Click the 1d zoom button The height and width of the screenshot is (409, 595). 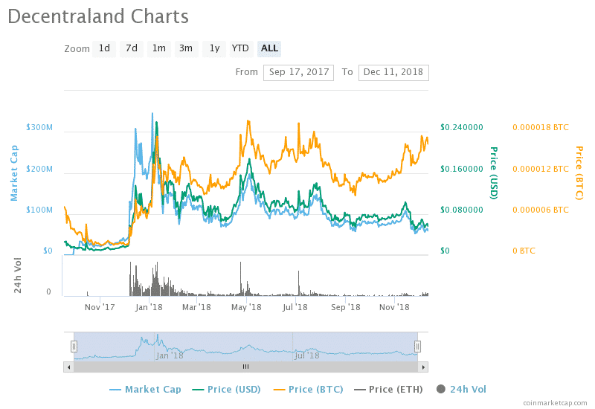[104, 48]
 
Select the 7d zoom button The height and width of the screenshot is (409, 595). [132, 48]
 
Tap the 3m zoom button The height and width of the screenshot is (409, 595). [185, 48]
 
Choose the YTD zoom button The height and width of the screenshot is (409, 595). [240, 48]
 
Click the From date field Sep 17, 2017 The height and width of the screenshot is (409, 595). [298, 72]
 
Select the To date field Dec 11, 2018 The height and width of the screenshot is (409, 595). [393, 72]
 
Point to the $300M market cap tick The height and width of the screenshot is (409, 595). [39, 128]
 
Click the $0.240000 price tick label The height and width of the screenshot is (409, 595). [462, 127]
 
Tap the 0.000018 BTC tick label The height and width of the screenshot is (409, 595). [541, 127]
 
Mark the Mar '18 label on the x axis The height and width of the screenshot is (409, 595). [196, 306]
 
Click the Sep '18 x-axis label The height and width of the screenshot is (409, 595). [345, 306]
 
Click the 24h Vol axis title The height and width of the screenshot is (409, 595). [19, 274]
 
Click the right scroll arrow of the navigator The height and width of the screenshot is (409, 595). [423, 367]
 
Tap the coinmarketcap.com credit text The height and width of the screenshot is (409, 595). [553, 402]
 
